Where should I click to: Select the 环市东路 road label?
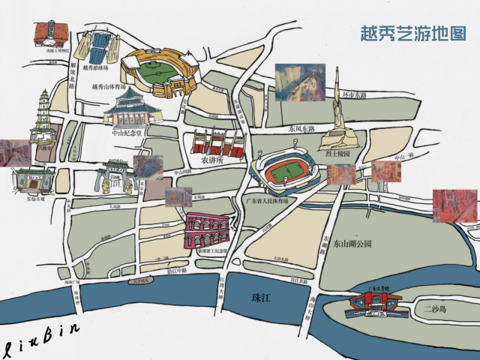pyautogui.click(x=355, y=95)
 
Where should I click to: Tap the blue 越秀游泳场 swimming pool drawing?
pyautogui.click(x=96, y=48)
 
